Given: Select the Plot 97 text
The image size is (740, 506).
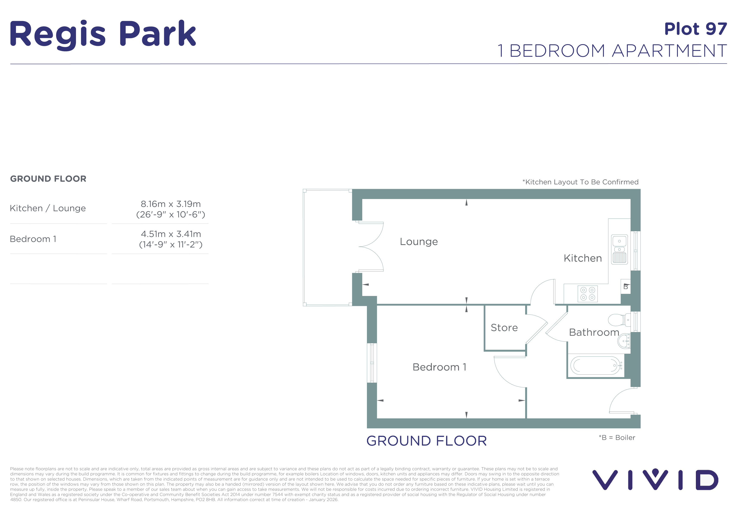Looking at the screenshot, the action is click(695, 29).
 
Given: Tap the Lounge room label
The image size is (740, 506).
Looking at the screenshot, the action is click(419, 242).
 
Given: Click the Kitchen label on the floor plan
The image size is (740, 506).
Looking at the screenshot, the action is click(583, 258).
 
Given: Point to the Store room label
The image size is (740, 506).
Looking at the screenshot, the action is click(504, 328).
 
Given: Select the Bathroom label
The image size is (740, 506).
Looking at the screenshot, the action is click(594, 332).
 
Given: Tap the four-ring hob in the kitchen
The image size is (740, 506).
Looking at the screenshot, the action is click(588, 294).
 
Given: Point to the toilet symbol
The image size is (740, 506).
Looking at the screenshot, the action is click(619, 320).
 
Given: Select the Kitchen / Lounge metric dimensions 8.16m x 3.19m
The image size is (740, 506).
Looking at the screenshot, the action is click(171, 204).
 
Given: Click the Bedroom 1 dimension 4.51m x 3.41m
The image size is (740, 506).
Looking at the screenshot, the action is click(171, 234).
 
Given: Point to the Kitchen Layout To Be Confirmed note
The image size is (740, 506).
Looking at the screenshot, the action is click(580, 182).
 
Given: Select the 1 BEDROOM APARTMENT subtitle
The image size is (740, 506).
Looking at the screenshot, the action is click(612, 51).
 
